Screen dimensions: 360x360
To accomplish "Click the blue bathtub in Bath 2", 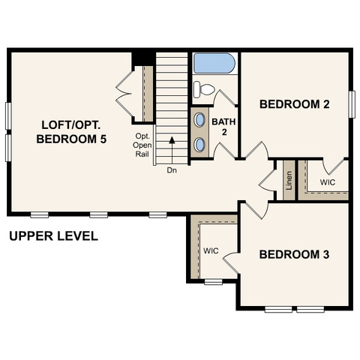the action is pos(214,63).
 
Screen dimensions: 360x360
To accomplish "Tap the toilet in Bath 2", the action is pos(204,89).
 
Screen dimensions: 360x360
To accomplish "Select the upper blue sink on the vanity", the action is pos(199,119).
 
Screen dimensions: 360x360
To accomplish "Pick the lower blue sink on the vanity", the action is pos(199,145).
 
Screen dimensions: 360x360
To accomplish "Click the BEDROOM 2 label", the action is pos(295,104).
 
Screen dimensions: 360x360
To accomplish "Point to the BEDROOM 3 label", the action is pos(294,254).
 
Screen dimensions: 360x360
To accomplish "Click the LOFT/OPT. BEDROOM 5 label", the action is pos(71,132).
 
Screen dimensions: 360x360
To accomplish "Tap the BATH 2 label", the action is pos(223,127).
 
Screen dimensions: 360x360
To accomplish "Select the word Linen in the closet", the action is pos(289,180).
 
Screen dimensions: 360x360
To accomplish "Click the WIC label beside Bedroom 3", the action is pos(211,250).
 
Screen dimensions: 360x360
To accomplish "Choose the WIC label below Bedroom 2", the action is pos(328,182).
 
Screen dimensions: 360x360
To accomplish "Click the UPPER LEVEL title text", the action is pos(53,236).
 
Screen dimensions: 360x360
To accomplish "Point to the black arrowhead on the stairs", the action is pos(172,139).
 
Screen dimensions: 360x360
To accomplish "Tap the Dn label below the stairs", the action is pos(172,170).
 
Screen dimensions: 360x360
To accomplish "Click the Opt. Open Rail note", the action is pos(142,145).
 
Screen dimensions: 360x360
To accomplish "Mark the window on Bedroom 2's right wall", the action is pos(352,104).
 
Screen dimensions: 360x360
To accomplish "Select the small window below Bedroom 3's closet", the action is pos(213,282).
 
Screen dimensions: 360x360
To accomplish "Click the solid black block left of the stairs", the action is pos(142,59).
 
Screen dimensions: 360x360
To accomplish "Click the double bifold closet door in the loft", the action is pos(124,94).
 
